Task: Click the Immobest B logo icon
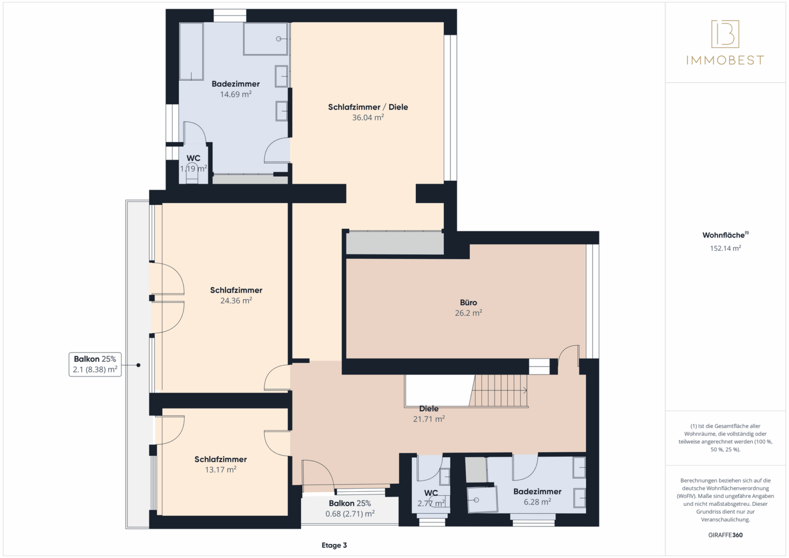pos(725,34)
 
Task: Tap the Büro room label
pos(469,302)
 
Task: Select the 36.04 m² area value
pos(368,117)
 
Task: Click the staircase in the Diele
pos(499,391)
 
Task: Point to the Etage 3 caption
pos(334,545)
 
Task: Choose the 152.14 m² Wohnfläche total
pos(725,248)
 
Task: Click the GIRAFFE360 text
pos(725,535)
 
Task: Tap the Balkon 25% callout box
pos(95,364)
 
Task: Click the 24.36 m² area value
pos(236,301)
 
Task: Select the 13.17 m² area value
pos(221,470)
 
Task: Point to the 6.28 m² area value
pos(537,502)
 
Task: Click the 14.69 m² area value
pos(236,94)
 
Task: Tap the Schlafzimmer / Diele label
pos(368,107)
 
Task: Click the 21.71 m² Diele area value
pos(429,419)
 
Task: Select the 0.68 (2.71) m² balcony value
pos(350,514)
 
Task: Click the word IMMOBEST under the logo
pos(725,60)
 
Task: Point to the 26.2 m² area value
pos(469,313)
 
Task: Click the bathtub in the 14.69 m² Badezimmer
pos(191,52)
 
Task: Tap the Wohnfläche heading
pos(725,235)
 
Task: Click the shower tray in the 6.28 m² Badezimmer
pos(482,500)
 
